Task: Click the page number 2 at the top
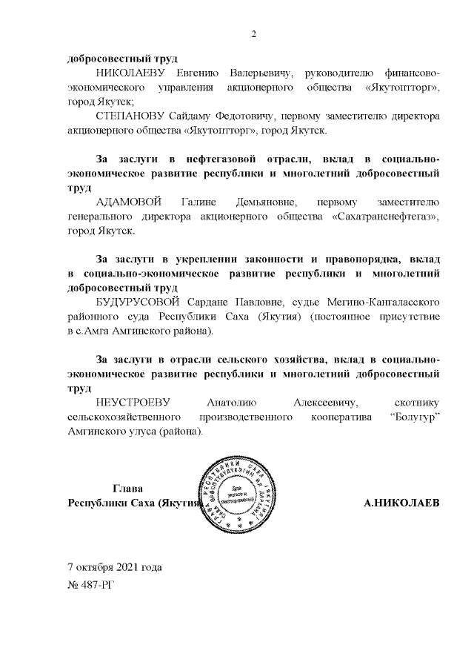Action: coord(253,33)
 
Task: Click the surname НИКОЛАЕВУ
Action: coord(133,73)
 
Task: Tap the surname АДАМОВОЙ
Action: coord(127,202)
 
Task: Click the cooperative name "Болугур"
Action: coord(410,417)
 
